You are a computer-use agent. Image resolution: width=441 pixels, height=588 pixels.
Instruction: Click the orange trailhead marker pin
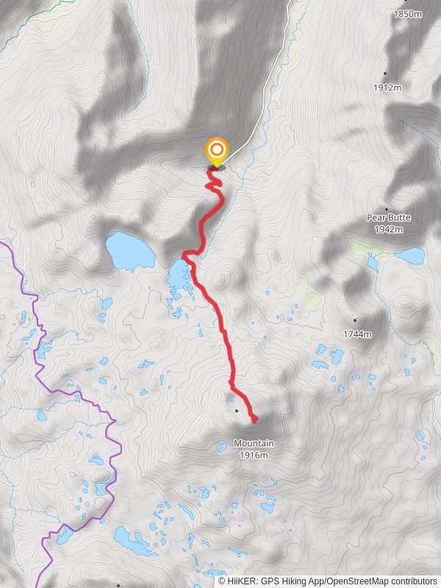click(216, 153)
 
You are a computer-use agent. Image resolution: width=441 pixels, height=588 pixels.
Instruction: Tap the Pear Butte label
click(389, 218)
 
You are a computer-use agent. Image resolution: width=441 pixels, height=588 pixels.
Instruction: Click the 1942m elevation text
click(389, 229)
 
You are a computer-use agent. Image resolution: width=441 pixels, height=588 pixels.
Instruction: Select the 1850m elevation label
click(408, 14)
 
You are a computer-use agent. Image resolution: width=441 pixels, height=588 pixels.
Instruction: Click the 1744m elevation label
click(356, 334)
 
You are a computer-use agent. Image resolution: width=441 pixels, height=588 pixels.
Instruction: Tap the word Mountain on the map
click(254, 443)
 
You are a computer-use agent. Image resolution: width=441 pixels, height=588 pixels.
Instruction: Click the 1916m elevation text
click(254, 455)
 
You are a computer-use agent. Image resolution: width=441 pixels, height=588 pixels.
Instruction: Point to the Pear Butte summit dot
click(387, 209)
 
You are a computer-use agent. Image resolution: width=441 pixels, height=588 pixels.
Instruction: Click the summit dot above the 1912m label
click(385, 73)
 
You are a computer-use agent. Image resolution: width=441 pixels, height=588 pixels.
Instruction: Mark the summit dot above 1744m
click(354, 320)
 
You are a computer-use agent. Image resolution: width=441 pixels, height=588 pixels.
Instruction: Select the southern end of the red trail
click(254, 420)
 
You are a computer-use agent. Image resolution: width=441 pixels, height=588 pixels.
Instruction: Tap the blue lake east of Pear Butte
click(410, 257)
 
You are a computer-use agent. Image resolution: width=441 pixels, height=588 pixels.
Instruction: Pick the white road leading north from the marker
click(265, 88)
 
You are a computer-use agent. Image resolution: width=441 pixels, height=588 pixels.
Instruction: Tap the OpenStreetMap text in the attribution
click(356, 581)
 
